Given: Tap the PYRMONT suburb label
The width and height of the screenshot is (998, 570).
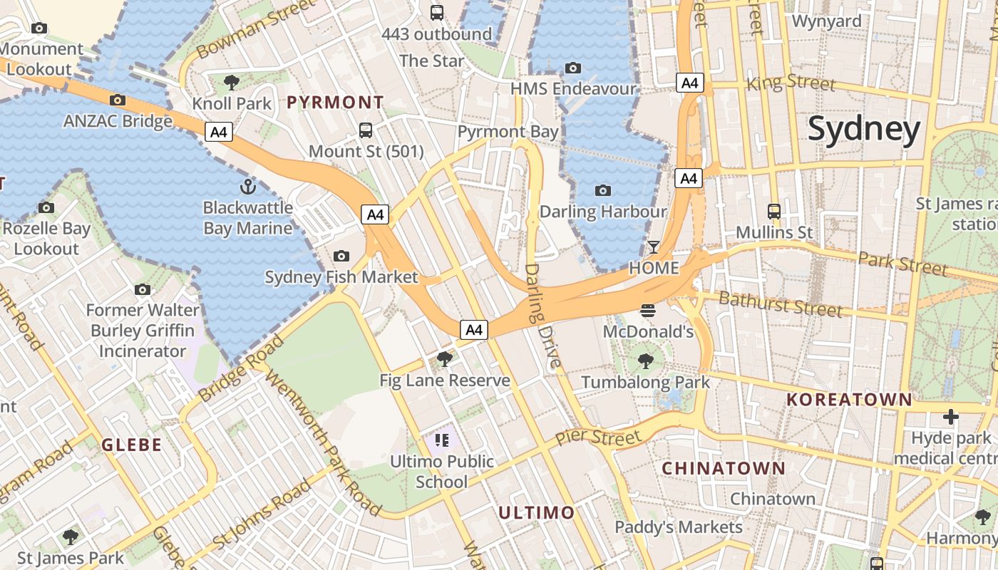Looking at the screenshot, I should [x=335, y=103].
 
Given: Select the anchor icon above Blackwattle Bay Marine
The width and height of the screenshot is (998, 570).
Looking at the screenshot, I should [x=247, y=187].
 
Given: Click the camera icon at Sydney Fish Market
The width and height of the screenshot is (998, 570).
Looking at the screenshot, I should [x=341, y=256].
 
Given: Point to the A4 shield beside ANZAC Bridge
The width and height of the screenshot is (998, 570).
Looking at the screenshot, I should [x=220, y=132].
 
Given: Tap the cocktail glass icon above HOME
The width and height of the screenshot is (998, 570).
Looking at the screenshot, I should [x=653, y=247].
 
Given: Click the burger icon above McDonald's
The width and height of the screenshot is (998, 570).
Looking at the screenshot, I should [x=647, y=311].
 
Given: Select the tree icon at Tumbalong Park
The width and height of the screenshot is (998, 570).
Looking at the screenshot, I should [x=646, y=361].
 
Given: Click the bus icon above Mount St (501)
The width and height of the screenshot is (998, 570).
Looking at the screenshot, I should [x=366, y=130].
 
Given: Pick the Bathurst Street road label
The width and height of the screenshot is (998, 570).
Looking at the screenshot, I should [x=781, y=304].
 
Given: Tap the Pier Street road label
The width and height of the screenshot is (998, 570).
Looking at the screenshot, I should [x=597, y=436].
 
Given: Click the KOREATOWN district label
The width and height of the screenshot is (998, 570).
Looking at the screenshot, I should [x=849, y=400].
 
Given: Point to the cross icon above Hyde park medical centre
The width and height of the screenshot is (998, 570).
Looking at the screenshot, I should [x=950, y=416].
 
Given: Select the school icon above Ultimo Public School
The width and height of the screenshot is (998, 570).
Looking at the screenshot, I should [x=442, y=440].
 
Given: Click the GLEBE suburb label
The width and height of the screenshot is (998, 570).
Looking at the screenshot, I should [x=131, y=445].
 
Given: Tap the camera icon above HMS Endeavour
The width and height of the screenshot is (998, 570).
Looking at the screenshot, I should [x=572, y=68].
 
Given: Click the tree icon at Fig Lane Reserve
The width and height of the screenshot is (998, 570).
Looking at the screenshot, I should [x=445, y=359].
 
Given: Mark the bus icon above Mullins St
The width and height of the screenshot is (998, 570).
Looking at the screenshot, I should [x=773, y=211].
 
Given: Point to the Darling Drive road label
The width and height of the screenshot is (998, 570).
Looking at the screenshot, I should [x=542, y=316].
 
